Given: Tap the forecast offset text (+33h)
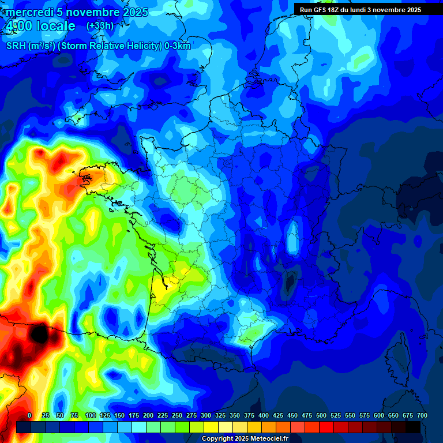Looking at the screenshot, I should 100,26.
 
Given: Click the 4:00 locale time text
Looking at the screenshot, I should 40,26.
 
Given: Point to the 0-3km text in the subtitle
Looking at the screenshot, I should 177,46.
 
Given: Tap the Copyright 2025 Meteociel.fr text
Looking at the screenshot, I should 245,438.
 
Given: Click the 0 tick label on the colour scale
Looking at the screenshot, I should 29,415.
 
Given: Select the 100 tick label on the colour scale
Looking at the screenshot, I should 91,415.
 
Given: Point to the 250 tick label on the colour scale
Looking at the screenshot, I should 177,415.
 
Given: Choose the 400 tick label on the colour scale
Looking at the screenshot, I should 264,415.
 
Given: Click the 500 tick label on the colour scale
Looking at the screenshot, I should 321,415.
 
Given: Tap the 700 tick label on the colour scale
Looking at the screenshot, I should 422,415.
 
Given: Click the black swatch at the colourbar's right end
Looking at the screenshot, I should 413,427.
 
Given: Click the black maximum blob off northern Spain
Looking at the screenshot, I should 39,333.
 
